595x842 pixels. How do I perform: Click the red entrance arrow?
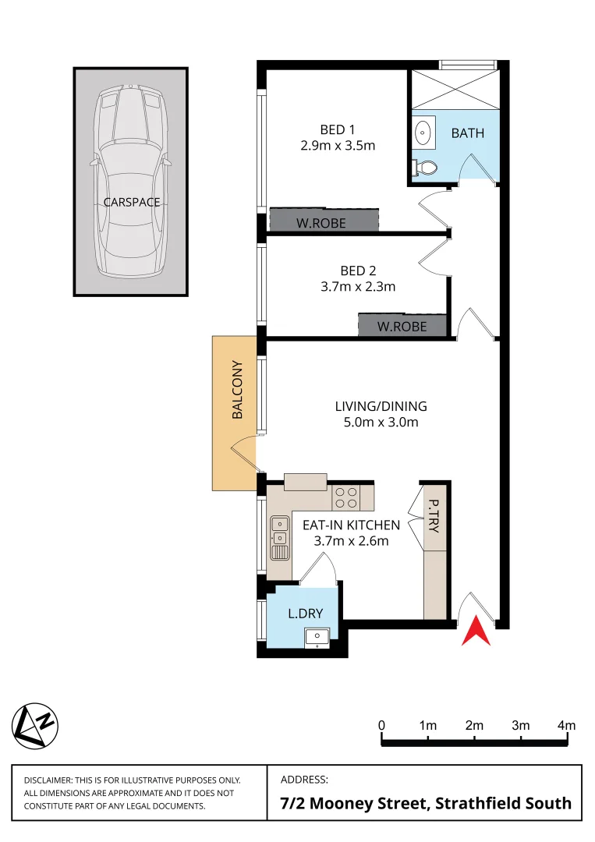tap(477, 631)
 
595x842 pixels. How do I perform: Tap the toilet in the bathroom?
tap(426, 167)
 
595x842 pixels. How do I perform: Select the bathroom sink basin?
tap(423, 133)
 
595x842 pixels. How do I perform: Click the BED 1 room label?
tap(337, 129)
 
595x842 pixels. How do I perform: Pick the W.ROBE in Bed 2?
tap(402, 326)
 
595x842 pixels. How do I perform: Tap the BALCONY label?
tap(238, 401)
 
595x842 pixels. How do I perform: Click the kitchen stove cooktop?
tap(346, 497)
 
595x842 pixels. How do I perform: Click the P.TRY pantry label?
tap(434, 515)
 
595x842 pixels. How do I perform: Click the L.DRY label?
tap(305, 614)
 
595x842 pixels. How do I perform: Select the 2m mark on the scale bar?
tap(474, 726)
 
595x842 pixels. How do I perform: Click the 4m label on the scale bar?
tap(566, 726)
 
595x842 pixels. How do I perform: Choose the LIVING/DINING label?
tap(381, 406)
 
